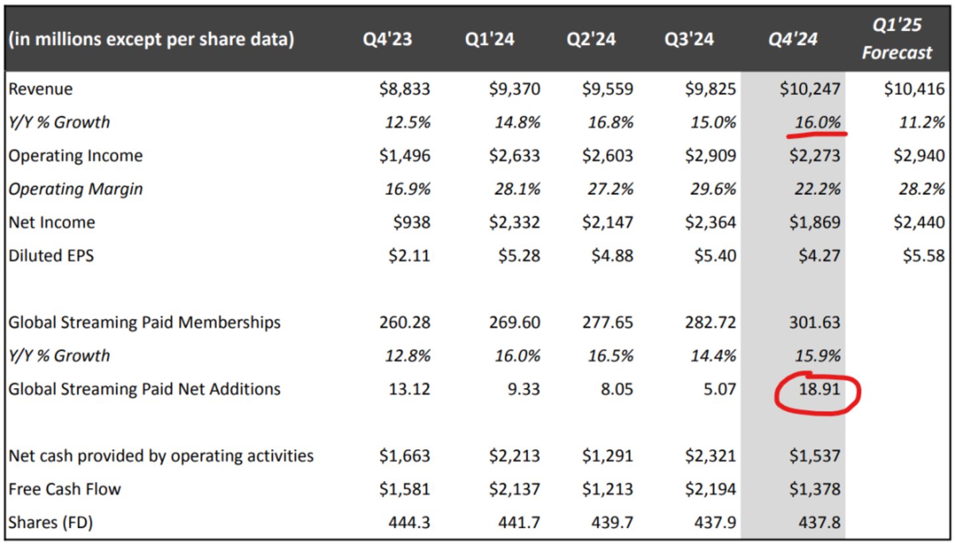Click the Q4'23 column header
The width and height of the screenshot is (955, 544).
(387, 40)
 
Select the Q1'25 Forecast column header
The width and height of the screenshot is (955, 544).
(897, 39)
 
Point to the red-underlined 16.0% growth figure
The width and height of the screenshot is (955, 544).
(816, 122)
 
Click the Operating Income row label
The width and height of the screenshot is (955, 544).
(75, 156)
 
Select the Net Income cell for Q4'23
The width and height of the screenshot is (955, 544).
(412, 222)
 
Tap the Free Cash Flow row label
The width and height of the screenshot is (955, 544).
(65, 490)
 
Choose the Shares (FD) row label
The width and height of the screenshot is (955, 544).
(50, 523)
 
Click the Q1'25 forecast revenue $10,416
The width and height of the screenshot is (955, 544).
(914, 89)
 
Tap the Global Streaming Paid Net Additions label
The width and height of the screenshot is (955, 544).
(145, 389)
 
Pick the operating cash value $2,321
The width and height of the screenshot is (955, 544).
(710, 456)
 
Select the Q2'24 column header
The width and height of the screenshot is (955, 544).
(590, 40)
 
